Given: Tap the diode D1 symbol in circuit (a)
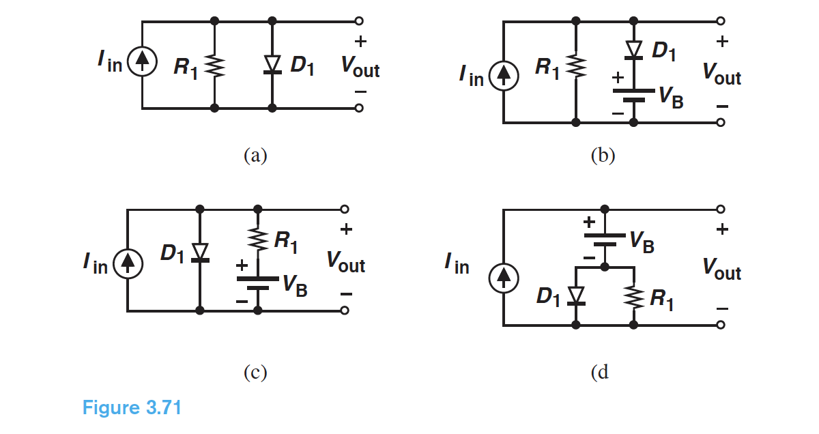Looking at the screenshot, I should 272,64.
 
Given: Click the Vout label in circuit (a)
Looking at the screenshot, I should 360,67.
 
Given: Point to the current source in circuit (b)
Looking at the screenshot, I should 503,74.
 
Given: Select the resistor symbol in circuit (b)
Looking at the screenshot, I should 577,67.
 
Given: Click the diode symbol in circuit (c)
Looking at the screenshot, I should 199,252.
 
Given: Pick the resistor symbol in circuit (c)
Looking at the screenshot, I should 258,239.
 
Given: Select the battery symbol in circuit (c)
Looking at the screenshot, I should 258,283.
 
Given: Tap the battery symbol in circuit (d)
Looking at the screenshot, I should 605,240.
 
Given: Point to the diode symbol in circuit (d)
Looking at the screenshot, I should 576,295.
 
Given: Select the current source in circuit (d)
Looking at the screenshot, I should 503,277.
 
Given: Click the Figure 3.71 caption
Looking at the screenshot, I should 132,408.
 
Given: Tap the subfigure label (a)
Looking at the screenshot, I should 255,156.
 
